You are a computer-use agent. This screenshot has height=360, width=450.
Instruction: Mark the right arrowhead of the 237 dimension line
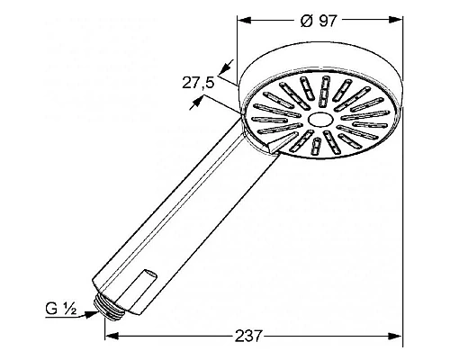click(397, 336)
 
